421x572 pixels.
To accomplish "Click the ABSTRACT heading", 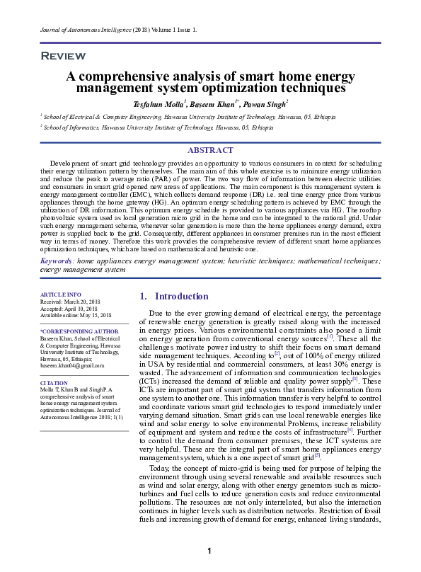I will pyautogui.click(x=210, y=150).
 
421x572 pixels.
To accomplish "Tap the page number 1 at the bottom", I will pyautogui.click(x=209, y=551).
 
